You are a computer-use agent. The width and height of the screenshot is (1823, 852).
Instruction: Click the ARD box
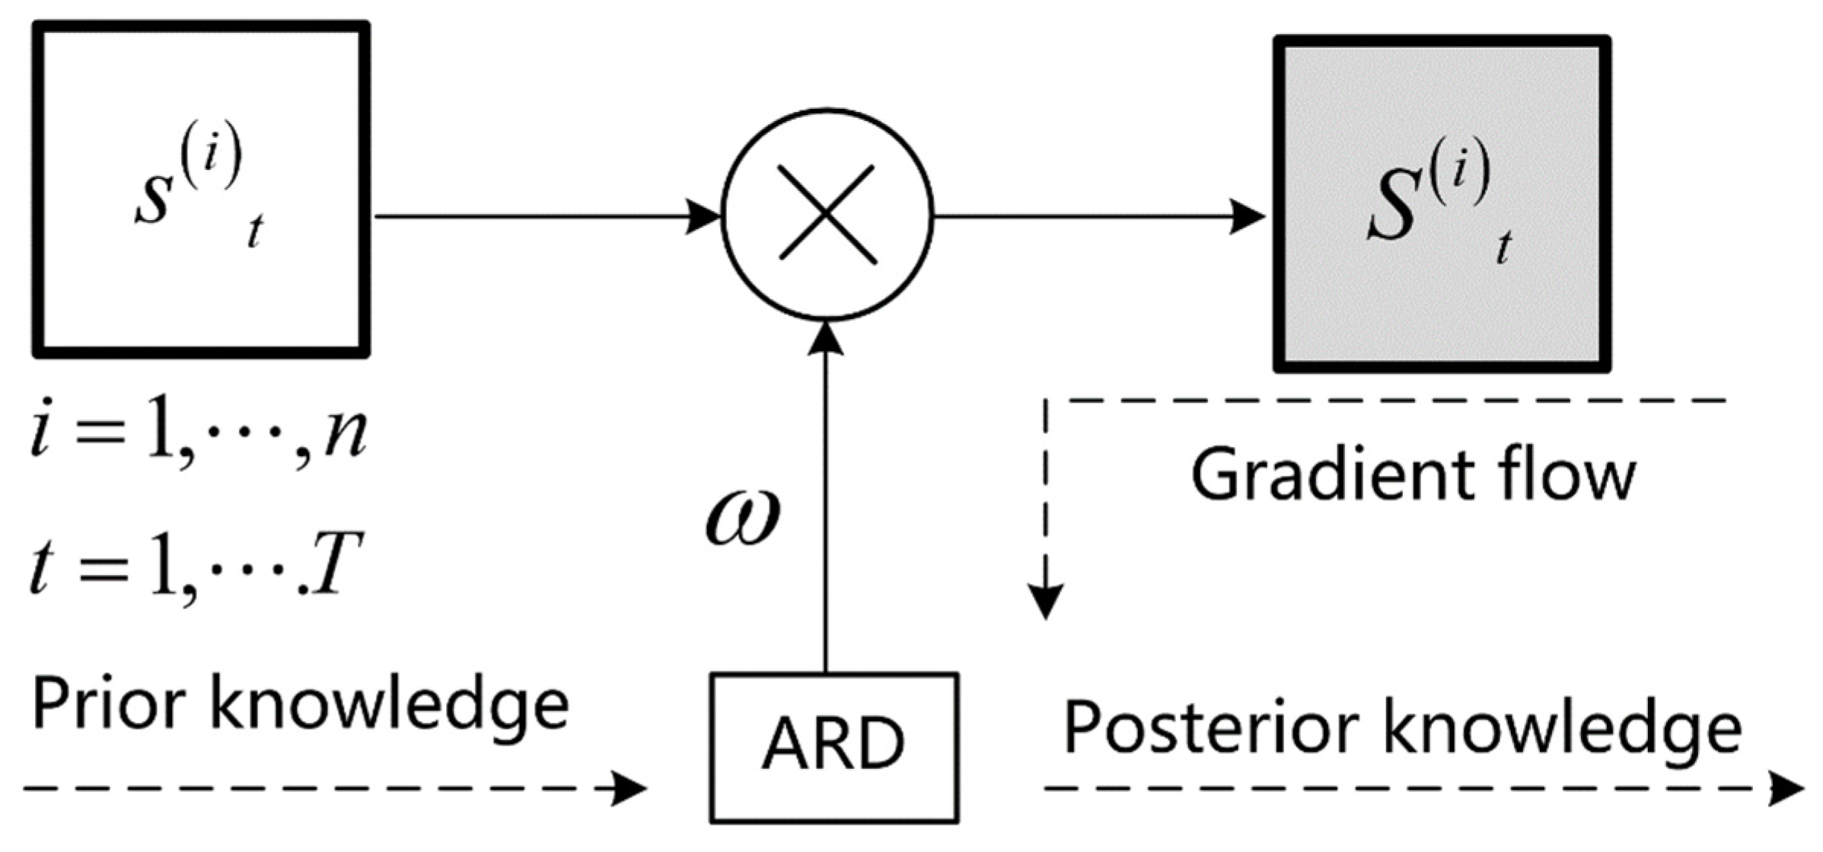(833, 747)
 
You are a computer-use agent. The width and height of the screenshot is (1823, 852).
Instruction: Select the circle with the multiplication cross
(827, 215)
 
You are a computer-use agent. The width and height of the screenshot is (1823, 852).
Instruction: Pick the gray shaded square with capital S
(1442, 204)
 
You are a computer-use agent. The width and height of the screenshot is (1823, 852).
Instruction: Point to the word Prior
(108, 705)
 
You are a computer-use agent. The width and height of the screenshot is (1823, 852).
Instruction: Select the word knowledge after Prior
(389, 705)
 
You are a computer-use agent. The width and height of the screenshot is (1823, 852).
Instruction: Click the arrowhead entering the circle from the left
(702, 216)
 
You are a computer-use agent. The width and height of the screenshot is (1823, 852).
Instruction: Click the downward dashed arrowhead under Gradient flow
(1046, 602)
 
